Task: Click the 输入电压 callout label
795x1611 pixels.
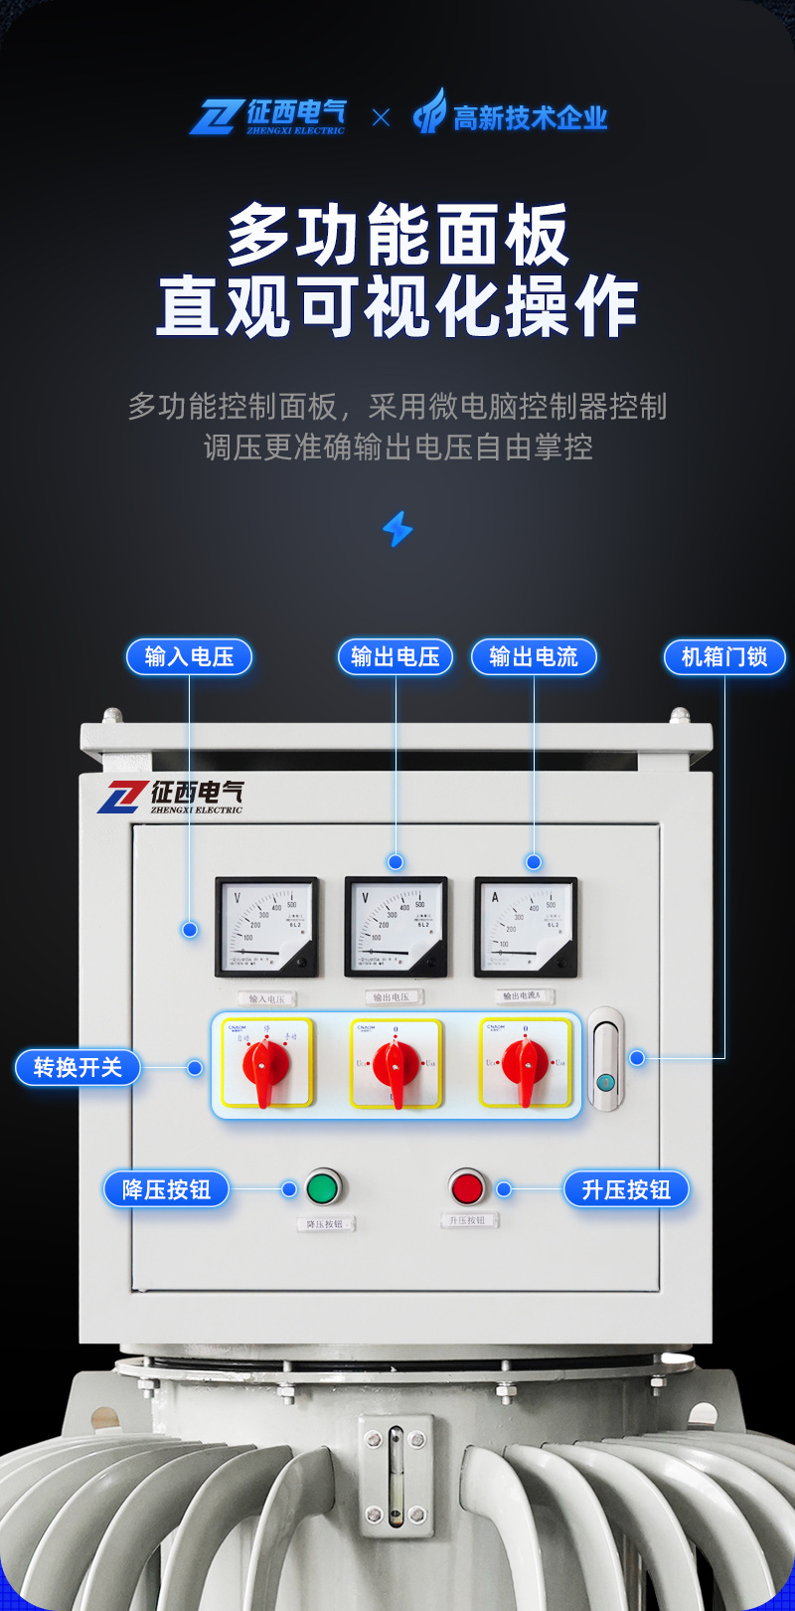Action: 189,656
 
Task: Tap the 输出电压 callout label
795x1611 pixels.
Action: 396,656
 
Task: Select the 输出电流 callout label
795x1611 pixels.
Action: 534,656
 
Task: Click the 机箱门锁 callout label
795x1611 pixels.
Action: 724,656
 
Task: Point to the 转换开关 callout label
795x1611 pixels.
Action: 78,1067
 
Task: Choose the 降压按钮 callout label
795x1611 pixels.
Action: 166,1189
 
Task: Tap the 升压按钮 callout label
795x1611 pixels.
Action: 626,1189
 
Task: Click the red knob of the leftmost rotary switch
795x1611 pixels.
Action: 265,1066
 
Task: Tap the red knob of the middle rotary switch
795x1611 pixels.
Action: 396,1066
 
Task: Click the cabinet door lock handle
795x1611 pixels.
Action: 606,1059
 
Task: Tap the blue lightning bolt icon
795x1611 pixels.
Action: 397,529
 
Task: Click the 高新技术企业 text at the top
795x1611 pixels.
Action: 530,118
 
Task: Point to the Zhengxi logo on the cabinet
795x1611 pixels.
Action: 170,797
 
